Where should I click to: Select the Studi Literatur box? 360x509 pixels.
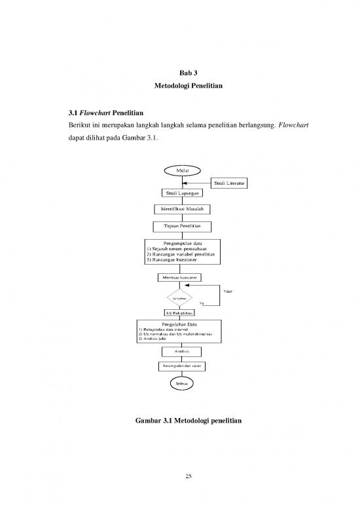coord(229,183)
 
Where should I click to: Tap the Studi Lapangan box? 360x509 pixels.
coord(179,193)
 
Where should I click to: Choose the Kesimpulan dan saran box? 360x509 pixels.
coord(179,365)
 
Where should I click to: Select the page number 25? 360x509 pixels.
coord(179,476)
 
